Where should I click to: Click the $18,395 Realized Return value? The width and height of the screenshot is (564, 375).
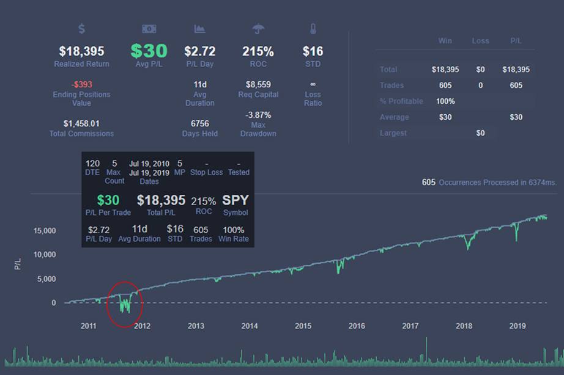coord(81,51)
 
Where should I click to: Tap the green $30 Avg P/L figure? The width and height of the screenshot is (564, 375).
coord(149,51)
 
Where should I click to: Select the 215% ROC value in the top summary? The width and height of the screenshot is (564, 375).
coord(258,51)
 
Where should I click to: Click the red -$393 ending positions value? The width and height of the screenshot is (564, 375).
coord(81,84)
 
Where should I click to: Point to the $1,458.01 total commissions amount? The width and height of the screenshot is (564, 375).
coord(81,123)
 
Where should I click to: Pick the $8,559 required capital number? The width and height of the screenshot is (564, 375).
coord(258,84)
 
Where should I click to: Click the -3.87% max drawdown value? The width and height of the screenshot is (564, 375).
coord(258,115)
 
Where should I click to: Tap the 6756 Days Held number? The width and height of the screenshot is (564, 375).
coord(200,123)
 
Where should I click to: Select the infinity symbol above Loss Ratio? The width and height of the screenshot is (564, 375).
coord(313,84)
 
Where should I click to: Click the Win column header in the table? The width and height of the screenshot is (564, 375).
coord(445,41)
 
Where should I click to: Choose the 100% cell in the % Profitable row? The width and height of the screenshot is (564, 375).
coord(445,101)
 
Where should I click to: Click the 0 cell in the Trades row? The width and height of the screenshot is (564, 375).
coord(480,86)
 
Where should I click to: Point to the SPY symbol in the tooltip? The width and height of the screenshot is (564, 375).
coord(236,200)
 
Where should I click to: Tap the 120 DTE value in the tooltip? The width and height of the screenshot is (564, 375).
coord(92,164)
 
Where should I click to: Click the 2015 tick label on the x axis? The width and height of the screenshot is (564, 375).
coord(303,326)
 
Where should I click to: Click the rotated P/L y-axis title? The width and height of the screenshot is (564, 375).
coord(18,264)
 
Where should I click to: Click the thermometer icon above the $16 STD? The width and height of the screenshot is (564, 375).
coord(313,29)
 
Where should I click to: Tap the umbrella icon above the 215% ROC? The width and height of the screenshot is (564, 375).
coord(258,29)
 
